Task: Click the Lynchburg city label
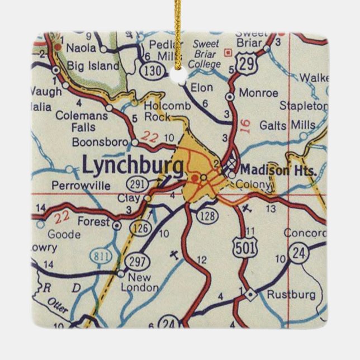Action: point(132,165)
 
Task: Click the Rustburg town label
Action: point(291,294)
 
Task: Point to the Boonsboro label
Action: point(100,142)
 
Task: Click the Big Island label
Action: point(93,66)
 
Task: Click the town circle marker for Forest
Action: point(116,225)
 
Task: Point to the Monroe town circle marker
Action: point(229,97)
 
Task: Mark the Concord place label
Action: point(305,233)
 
